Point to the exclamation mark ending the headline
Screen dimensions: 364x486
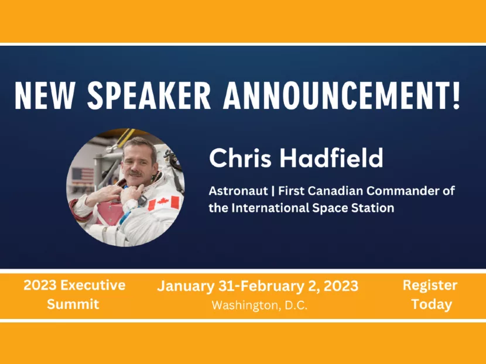tap(455, 95)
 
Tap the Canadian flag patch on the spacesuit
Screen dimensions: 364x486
tap(163, 204)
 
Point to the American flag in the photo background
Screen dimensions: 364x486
tap(83, 175)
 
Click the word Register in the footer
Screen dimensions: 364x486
tap(430, 286)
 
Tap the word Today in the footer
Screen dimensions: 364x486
tap(432, 304)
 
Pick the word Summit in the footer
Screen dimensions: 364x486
tap(74, 304)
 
